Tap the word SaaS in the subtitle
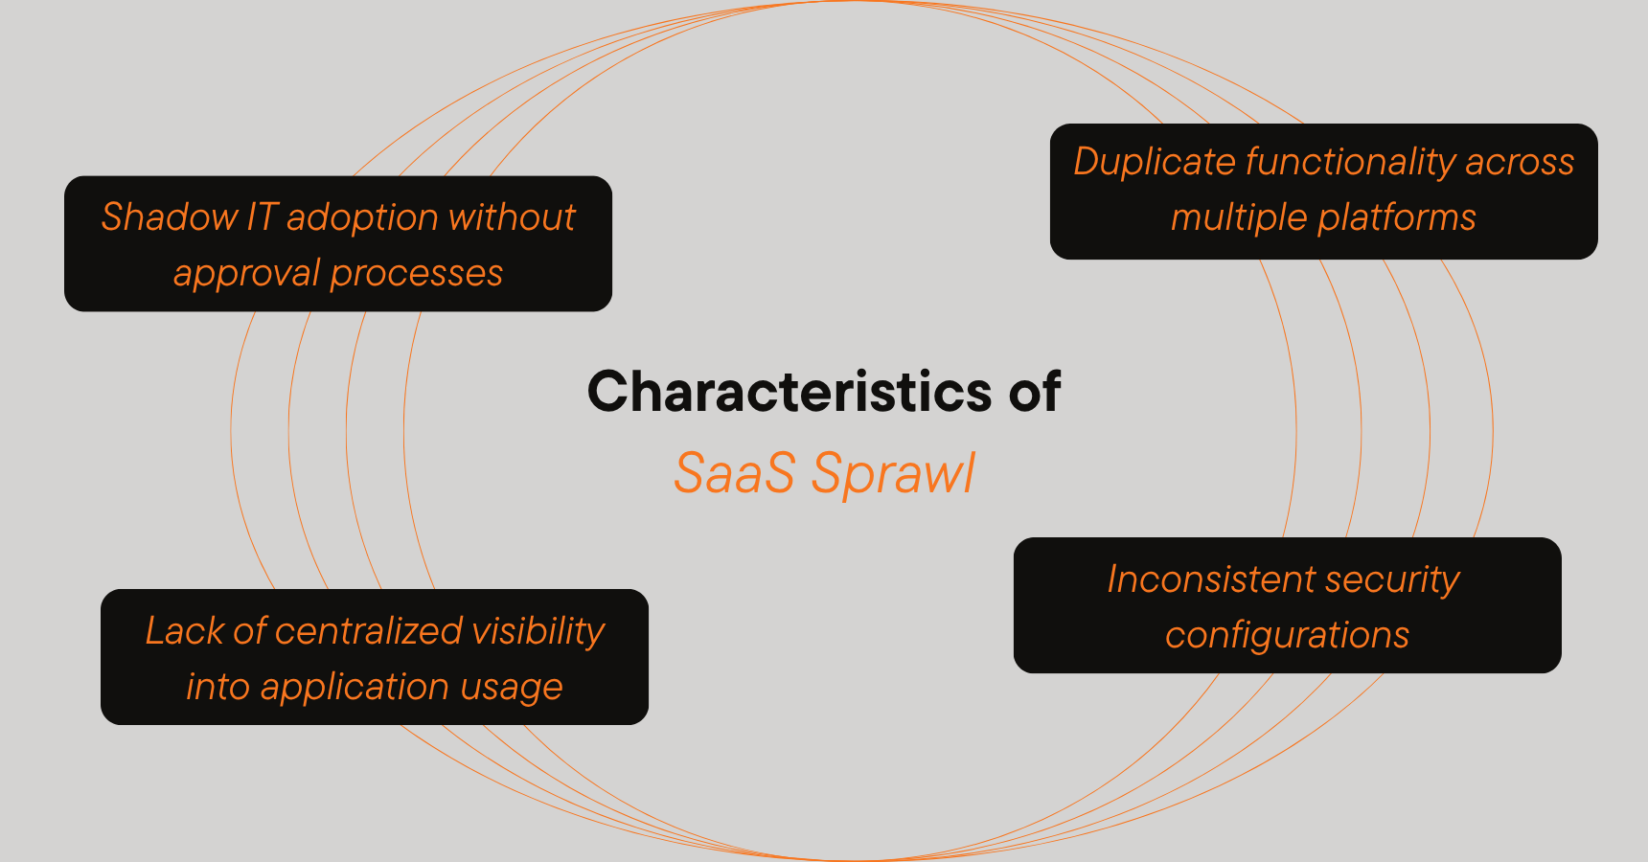pyautogui.click(x=734, y=473)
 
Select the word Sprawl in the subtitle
pyautogui.click(x=893, y=473)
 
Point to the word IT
pyautogui.click(x=262, y=217)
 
